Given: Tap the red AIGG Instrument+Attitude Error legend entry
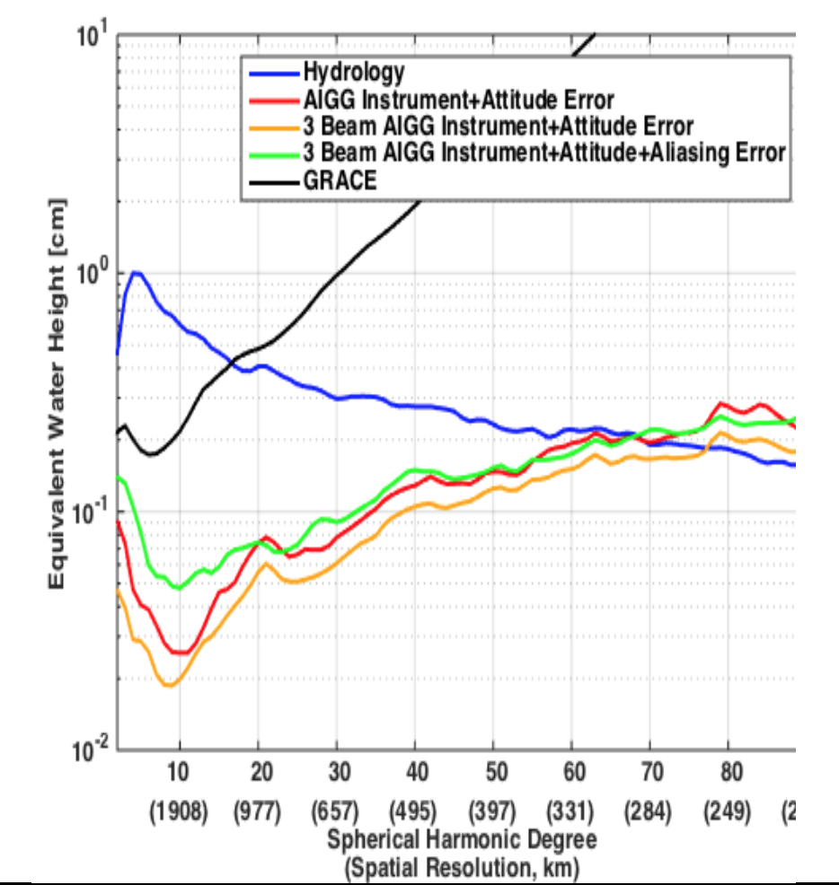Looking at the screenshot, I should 459,98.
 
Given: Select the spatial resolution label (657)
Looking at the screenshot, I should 336,812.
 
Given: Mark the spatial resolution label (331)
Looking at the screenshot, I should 570,812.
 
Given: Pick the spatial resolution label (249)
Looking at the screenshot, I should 727,812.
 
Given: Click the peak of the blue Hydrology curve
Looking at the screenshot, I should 136,272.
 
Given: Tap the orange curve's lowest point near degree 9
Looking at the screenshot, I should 168,685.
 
